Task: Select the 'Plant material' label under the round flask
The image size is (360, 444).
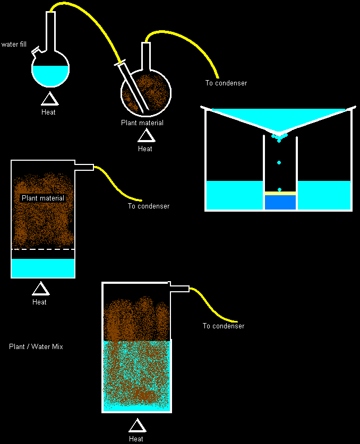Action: (x=142, y=123)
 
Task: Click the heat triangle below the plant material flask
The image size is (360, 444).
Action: (x=145, y=136)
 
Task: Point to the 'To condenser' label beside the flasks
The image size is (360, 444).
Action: (x=226, y=83)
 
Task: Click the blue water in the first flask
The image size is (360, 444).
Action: (x=50, y=74)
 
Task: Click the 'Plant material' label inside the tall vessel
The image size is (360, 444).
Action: (x=43, y=198)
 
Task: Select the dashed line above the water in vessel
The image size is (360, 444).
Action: (x=43, y=249)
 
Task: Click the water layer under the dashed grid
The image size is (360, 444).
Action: (x=43, y=268)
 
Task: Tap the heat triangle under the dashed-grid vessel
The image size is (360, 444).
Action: (x=40, y=289)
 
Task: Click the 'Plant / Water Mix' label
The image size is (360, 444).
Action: (x=36, y=346)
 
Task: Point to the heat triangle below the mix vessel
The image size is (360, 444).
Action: (x=136, y=426)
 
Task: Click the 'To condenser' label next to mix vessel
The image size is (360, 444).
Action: (x=224, y=326)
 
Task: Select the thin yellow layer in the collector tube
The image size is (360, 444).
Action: (x=280, y=193)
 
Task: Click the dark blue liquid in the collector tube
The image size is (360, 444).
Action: (x=280, y=202)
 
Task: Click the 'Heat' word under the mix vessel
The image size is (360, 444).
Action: (x=136, y=439)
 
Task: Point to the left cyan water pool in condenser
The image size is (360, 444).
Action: (x=234, y=195)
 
